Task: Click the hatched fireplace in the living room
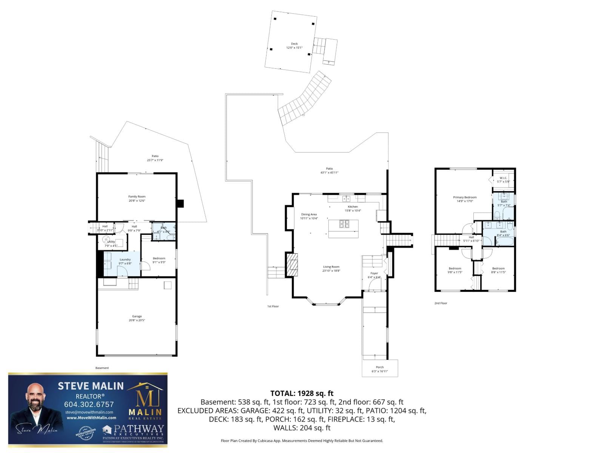pyautogui.click(x=292, y=265)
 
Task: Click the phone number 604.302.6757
pyautogui.click(x=89, y=404)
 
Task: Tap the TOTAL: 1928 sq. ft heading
pyautogui.click(x=302, y=393)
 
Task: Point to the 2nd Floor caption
pyautogui.click(x=441, y=303)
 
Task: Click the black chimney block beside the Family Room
pyautogui.click(x=180, y=203)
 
